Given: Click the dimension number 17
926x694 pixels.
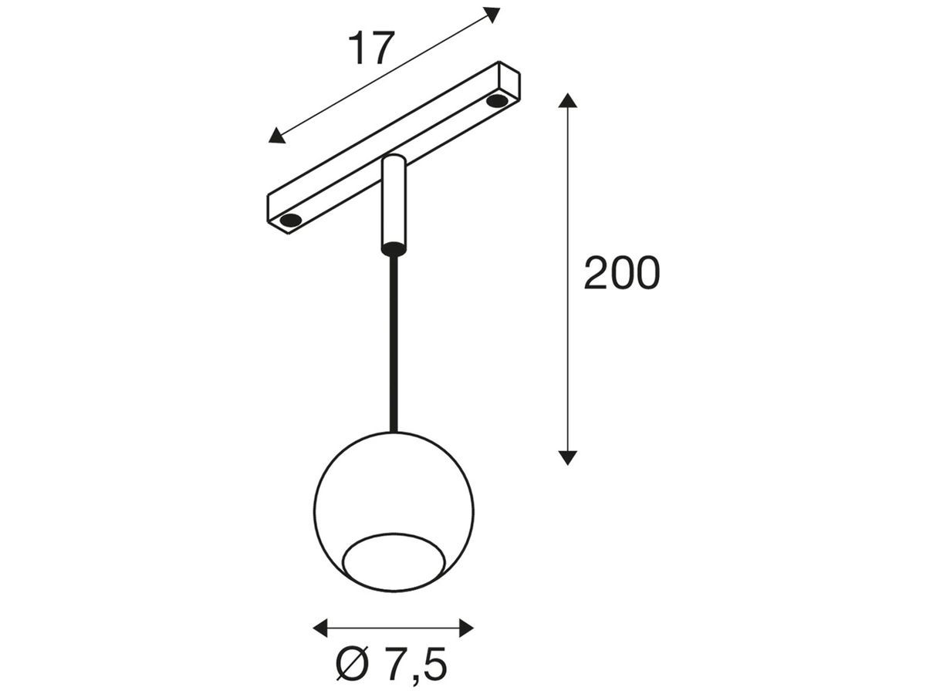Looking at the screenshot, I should pyautogui.click(x=371, y=48).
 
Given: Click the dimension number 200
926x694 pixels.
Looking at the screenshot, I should pyautogui.click(x=622, y=273).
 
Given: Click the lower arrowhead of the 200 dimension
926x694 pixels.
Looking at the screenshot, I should pyautogui.click(x=568, y=456).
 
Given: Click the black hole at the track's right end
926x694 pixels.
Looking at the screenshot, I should pyautogui.click(x=498, y=100).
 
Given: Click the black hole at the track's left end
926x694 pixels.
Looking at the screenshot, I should pyautogui.click(x=291, y=221).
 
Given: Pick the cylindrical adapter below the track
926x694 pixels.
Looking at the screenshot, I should pyautogui.click(x=394, y=204).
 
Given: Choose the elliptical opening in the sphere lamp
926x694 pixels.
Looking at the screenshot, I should pyautogui.click(x=394, y=561).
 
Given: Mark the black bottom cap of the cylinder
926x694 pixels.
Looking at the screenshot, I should pyautogui.click(x=394, y=249).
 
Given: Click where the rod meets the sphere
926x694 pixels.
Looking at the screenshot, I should pyautogui.click(x=394, y=431).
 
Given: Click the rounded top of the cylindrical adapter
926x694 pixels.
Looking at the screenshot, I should pyautogui.click(x=394, y=160).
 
